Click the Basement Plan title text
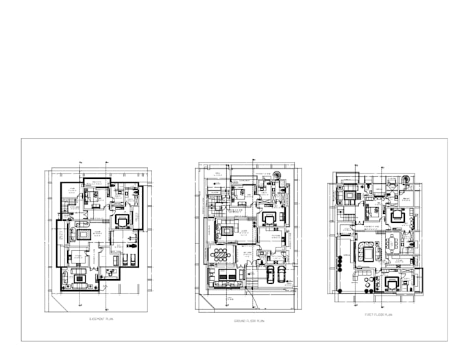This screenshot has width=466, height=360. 101,320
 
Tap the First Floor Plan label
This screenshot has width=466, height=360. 378,315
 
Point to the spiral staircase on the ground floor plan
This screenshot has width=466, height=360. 277,177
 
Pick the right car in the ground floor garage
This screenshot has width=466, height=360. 281,274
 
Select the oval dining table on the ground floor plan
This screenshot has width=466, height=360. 221,254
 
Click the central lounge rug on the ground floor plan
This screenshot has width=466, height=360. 227,230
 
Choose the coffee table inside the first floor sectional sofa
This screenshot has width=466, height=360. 367,254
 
